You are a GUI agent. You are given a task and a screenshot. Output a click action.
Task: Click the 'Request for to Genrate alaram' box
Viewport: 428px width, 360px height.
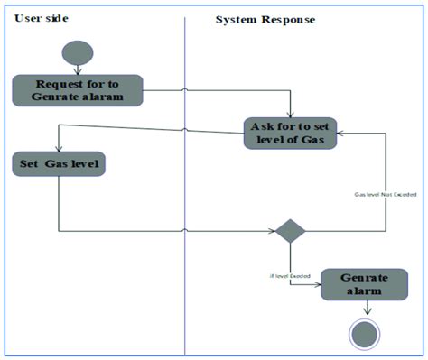pos(77,89)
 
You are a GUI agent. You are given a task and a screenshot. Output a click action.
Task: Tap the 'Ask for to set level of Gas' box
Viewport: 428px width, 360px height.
pos(289,134)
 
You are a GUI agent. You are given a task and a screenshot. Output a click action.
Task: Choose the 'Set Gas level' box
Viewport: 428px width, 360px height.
pos(59,163)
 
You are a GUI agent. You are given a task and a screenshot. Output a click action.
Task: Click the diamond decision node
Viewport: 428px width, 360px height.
pos(290,231)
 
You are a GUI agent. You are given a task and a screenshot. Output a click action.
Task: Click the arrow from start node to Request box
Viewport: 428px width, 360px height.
pos(77,68)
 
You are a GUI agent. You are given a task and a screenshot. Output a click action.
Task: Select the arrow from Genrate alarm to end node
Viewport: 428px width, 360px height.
pos(366,307)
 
